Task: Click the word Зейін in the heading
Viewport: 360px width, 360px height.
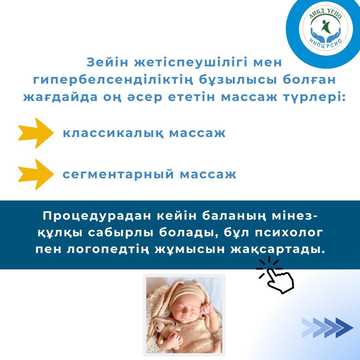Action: pyautogui.click(x=107, y=62)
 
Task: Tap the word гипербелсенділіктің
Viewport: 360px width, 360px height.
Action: pyautogui.click(x=113, y=80)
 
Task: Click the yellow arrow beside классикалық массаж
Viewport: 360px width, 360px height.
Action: pyautogui.click(x=36, y=133)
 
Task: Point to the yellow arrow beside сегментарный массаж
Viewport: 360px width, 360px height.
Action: pyautogui.click(x=36, y=174)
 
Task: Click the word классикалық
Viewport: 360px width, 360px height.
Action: pyautogui.click(x=113, y=133)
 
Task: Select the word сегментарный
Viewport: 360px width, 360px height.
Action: pyautogui.click(x=118, y=174)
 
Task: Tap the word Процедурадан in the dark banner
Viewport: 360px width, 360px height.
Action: pyautogui.click(x=96, y=217)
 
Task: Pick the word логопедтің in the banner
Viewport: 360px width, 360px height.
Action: pyautogui.click(x=107, y=250)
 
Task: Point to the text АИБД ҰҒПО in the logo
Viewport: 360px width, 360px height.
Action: pyautogui.click(x=325, y=13)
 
